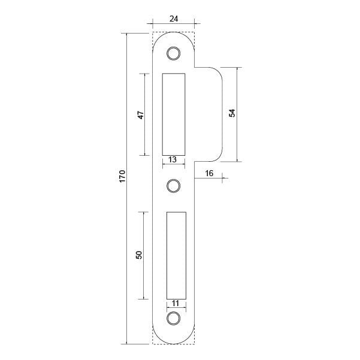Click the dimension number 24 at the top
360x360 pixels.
pyautogui.click(x=174, y=18)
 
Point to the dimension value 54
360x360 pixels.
pyautogui.click(x=232, y=113)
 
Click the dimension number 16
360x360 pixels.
pyautogui.click(x=209, y=173)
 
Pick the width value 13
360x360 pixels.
pyautogui.click(x=173, y=159)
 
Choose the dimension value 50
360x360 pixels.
pyautogui.click(x=139, y=255)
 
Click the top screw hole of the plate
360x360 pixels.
pyautogui.click(x=174, y=53)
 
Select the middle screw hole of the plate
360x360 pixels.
pyautogui.click(x=174, y=186)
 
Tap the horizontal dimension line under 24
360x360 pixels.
pyautogui.click(x=174, y=24)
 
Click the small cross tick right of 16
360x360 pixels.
pyautogui.click(x=223, y=178)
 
